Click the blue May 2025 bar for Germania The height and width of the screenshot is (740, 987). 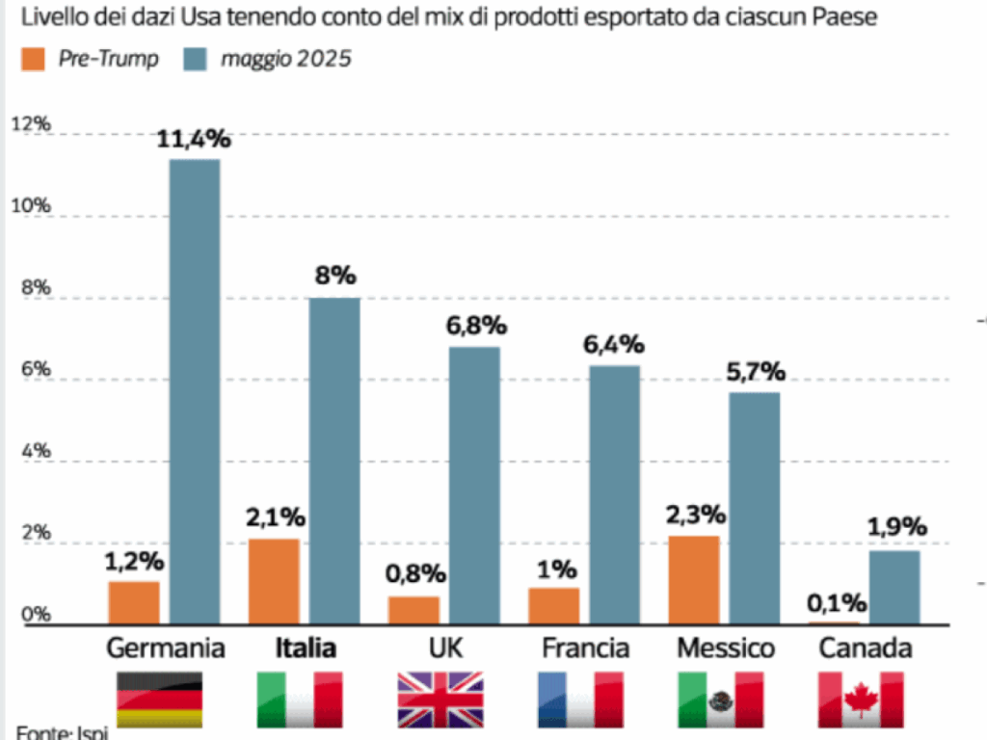click(195, 390)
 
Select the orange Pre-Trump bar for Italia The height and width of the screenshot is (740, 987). click(274, 581)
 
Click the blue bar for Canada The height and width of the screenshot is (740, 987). click(894, 587)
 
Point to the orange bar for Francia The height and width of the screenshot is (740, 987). click(554, 605)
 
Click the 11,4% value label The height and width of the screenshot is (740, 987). click(195, 140)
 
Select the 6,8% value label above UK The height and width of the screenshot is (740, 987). click(475, 326)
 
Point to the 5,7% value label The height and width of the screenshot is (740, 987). click(755, 372)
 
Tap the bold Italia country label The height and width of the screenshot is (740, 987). click(307, 648)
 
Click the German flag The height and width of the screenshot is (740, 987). click(159, 700)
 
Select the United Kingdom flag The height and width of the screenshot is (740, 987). click(440, 700)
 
